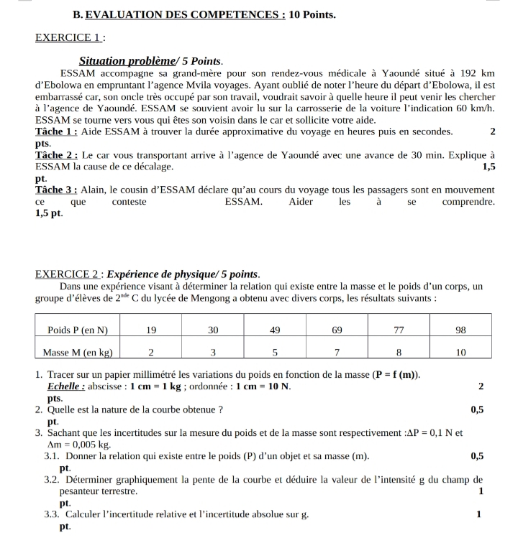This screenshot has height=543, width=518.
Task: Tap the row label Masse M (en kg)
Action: point(78,353)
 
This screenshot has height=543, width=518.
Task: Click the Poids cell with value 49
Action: point(275,330)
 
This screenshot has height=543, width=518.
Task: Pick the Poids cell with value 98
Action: point(461,330)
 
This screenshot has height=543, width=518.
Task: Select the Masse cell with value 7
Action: point(337,353)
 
